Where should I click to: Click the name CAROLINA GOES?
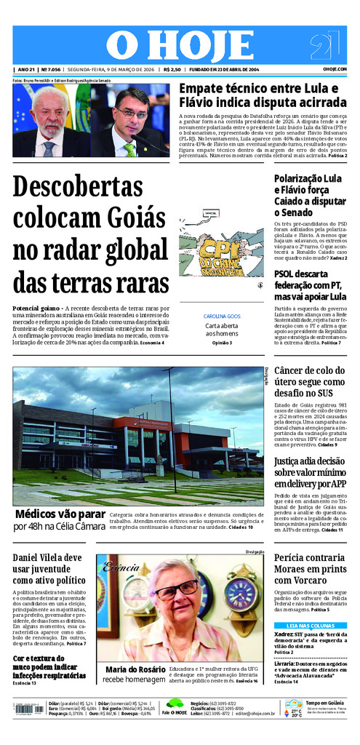[222, 316]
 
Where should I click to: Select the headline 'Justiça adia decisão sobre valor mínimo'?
[309, 472]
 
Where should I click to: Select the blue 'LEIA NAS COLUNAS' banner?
[311, 625]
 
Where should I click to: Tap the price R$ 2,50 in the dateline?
[172, 69]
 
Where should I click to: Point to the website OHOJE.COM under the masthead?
[335, 69]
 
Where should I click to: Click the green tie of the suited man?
[129, 149]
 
